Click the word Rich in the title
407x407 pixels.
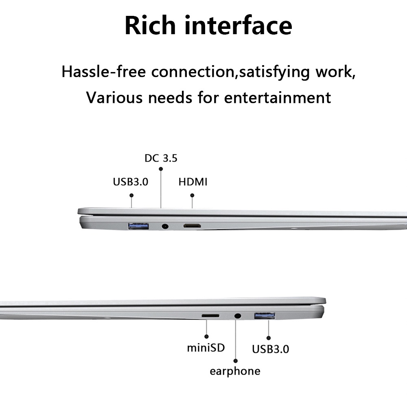coord(150,25)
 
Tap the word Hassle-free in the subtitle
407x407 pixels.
coord(103,72)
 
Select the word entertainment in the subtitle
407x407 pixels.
coord(278,98)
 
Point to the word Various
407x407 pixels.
coord(114,98)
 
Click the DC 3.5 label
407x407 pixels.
coord(161,158)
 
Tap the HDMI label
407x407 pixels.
coord(193,182)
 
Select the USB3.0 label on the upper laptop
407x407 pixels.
coord(131,182)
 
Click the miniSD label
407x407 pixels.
coord(206,348)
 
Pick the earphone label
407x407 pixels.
coord(235,372)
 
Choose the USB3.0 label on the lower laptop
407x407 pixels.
coord(271,349)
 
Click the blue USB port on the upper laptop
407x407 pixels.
coord(138,226)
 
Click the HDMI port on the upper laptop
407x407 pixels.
coord(192,226)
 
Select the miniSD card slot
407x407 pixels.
coord(210,316)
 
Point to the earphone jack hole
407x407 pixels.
coord(238,316)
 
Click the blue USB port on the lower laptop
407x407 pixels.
coord(265,316)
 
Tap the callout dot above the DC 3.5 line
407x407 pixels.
coord(161,169)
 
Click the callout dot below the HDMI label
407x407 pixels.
coord(192,195)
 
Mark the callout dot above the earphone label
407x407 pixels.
coord(236,361)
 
